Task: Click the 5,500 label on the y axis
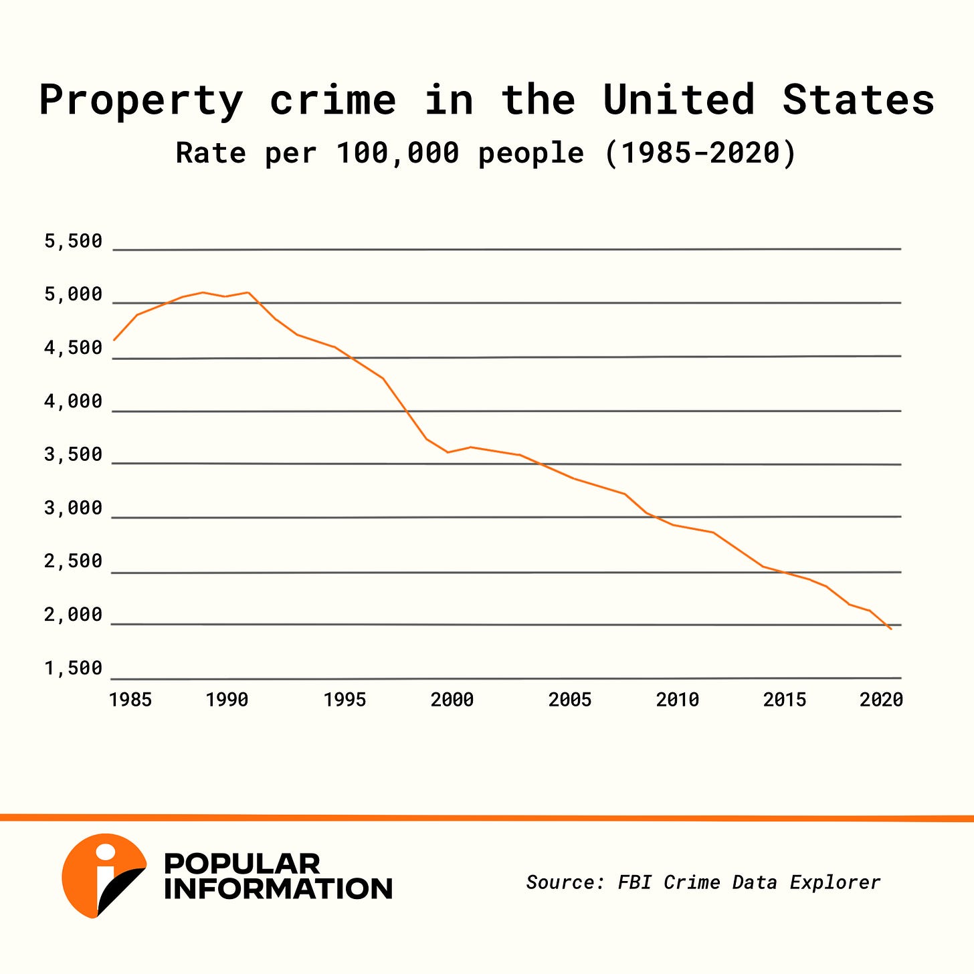pyautogui.click(x=74, y=241)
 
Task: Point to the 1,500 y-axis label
pyautogui.click(x=74, y=668)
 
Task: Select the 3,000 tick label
pyautogui.click(x=74, y=508)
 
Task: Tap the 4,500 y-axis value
pyautogui.click(x=74, y=348)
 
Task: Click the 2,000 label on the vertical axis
pyautogui.click(x=74, y=614)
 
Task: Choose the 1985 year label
pyautogui.click(x=130, y=700)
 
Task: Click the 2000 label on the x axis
pyautogui.click(x=452, y=700)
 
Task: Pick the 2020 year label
pyautogui.click(x=882, y=700)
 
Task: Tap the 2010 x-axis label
pyautogui.click(x=678, y=700)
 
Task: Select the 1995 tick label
pyautogui.click(x=345, y=700)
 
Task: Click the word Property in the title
pyautogui.click(x=141, y=101)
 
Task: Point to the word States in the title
pyautogui.click(x=858, y=100)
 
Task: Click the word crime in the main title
pyautogui.click(x=333, y=100)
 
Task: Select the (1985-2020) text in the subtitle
pyautogui.click(x=700, y=153)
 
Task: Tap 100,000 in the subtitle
pyautogui.click(x=397, y=154)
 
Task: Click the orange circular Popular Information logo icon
pyautogui.click(x=102, y=875)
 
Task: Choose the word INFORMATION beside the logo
pyautogui.click(x=278, y=889)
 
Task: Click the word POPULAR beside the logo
pyautogui.click(x=242, y=864)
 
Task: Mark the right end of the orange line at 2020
pyautogui.click(x=890, y=629)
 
